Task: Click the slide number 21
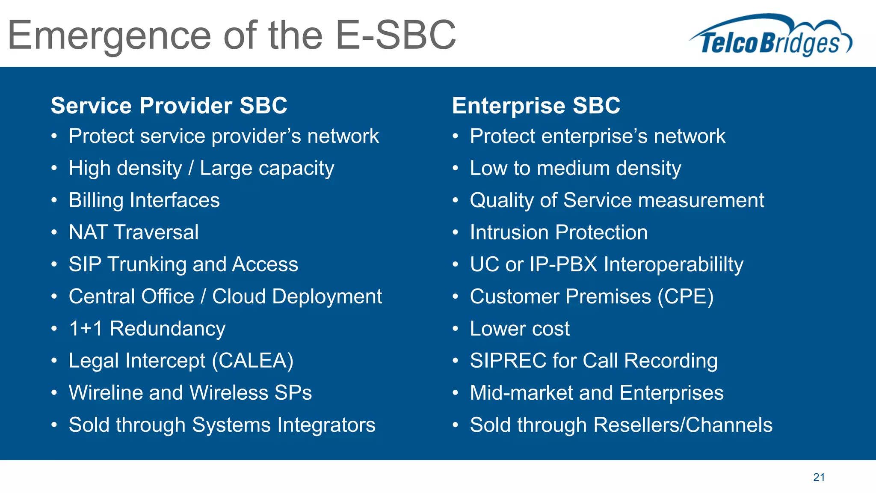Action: click(819, 477)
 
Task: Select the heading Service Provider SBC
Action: click(169, 105)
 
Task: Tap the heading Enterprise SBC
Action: click(536, 105)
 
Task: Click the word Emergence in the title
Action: click(109, 36)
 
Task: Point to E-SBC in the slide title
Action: click(395, 35)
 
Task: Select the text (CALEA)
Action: click(253, 361)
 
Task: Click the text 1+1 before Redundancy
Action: click(86, 329)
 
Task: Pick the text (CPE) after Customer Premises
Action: click(686, 297)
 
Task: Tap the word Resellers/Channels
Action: click(683, 425)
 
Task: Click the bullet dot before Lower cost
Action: click(456, 329)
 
